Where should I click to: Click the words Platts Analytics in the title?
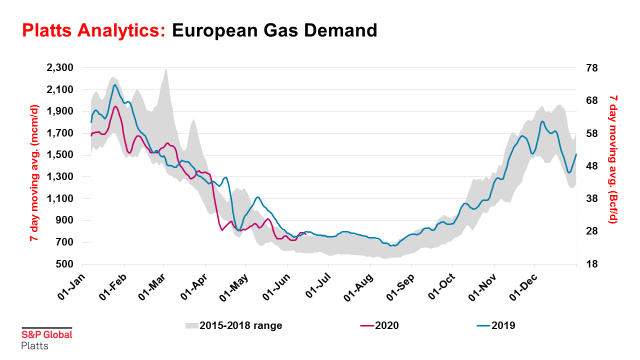(93, 31)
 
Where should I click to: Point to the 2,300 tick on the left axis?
(60, 67)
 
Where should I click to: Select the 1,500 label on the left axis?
(60, 155)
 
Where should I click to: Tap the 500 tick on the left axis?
(65, 264)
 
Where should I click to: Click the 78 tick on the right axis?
(591, 68)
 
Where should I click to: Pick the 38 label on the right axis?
(591, 199)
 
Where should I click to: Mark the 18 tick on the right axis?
(591, 264)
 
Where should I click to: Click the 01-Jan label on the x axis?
(71, 287)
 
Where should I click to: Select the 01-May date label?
(234, 288)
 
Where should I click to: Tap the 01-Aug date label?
(358, 288)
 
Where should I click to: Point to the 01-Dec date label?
(524, 287)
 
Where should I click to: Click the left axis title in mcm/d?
(35, 173)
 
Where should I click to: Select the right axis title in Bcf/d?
(613, 159)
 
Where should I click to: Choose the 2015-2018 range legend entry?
(233, 326)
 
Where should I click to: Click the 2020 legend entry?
(380, 326)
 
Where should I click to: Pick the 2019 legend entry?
(496, 326)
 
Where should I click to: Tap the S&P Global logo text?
(47, 335)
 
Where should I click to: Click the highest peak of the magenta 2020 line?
(116, 107)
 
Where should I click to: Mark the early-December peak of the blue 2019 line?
(542, 121)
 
